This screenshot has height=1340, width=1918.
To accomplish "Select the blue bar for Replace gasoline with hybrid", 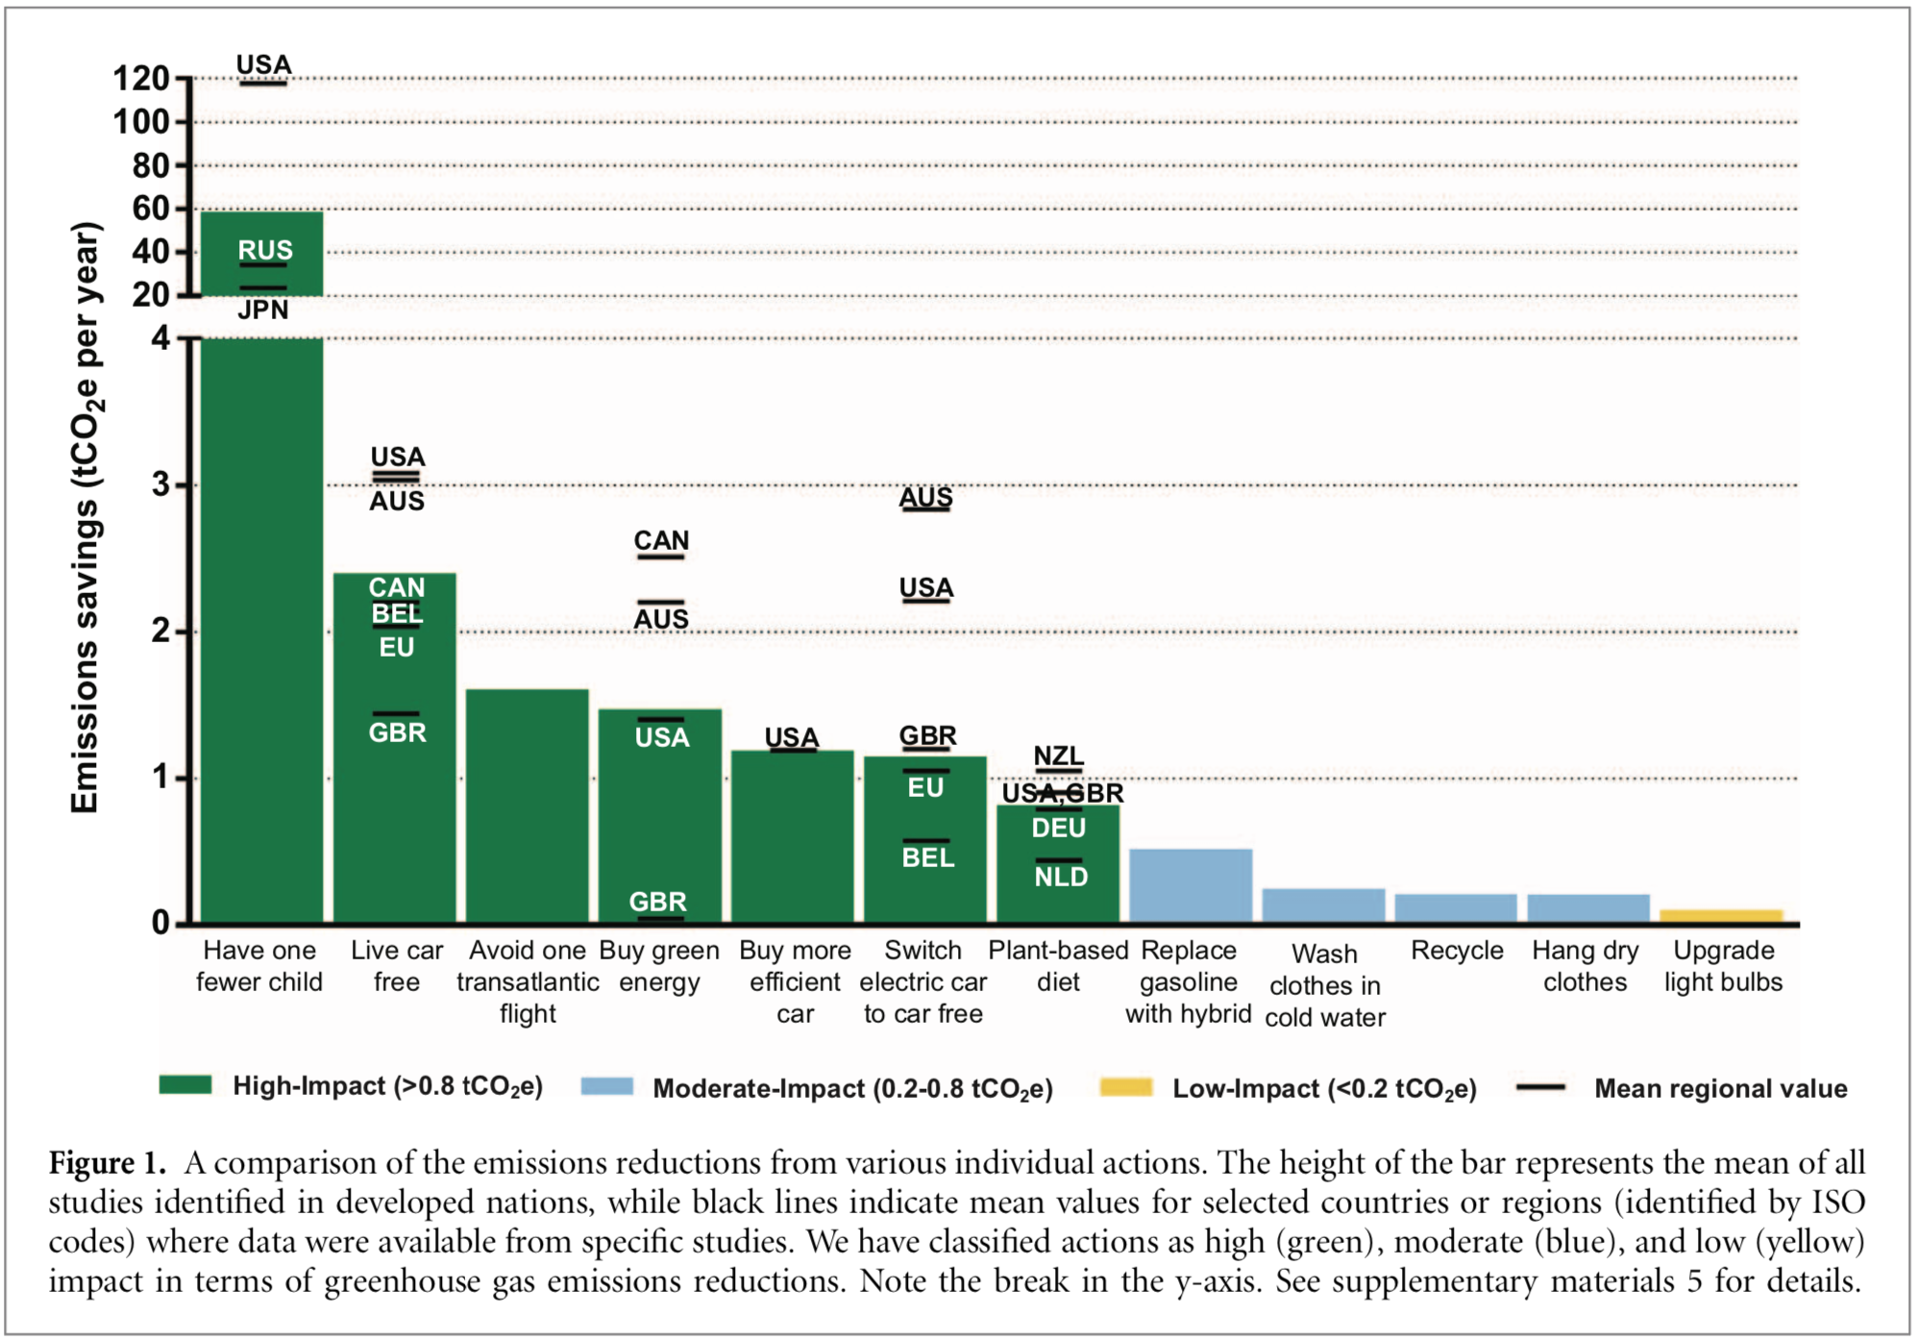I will (1190, 885).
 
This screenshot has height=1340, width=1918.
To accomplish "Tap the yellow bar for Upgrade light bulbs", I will (1720, 915).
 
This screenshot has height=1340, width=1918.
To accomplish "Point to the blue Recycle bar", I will (1455, 907).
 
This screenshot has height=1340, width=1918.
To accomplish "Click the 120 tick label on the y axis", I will (141, 79).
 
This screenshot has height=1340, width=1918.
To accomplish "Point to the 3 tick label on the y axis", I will (160, 484).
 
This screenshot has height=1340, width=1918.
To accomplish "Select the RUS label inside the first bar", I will (265, 250).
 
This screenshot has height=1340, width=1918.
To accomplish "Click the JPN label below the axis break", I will (262, 310).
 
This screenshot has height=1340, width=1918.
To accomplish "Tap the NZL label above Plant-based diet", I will (1058, 756).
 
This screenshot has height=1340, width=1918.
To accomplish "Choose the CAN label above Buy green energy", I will (661, 540).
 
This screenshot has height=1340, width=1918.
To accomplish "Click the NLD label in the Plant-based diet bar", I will (1061, 877).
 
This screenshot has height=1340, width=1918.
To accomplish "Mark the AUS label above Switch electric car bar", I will (925, 497).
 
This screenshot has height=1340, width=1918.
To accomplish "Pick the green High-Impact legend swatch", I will (184, 1085).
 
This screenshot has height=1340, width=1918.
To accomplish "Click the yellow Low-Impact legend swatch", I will (1125, 1087).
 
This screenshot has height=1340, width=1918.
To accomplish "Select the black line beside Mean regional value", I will (1540, 1087).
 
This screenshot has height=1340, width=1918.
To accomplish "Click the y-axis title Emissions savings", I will (86, 519).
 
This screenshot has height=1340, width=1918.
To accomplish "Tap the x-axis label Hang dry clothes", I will (1586, 966).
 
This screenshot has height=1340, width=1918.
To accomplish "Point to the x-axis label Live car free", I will (396, 966).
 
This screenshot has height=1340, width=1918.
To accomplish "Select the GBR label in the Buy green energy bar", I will (658, 902).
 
